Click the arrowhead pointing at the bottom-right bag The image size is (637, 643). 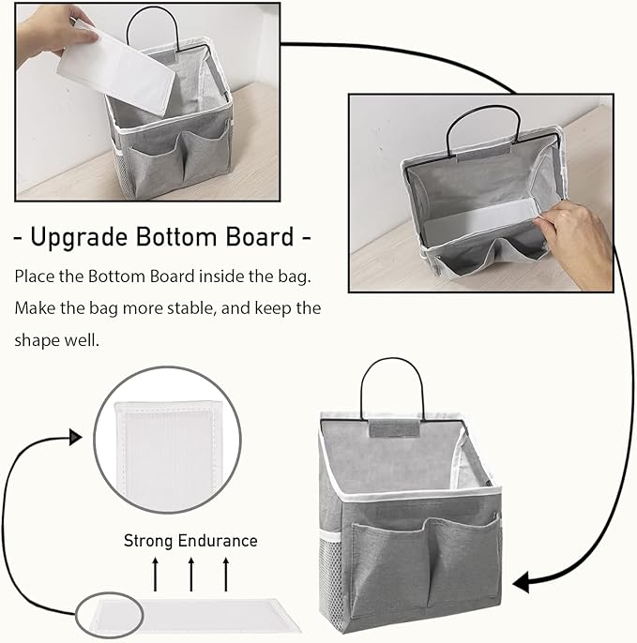pos(521,583)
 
